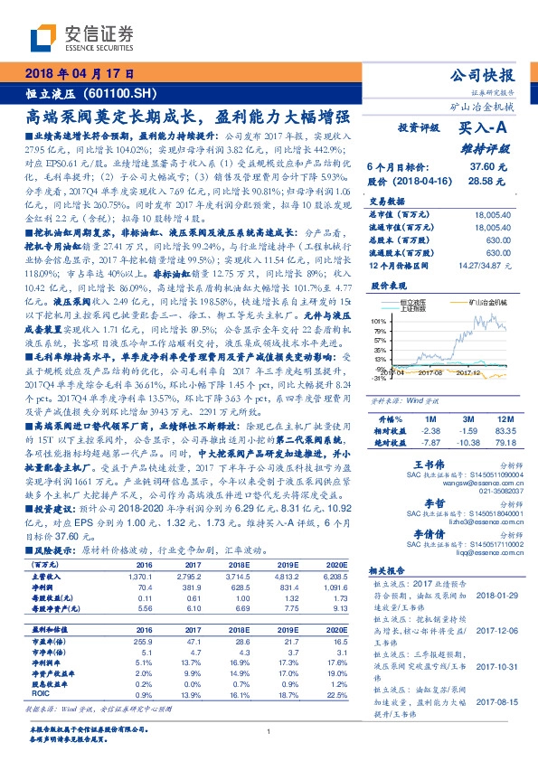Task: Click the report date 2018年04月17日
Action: tap(79, 74)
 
